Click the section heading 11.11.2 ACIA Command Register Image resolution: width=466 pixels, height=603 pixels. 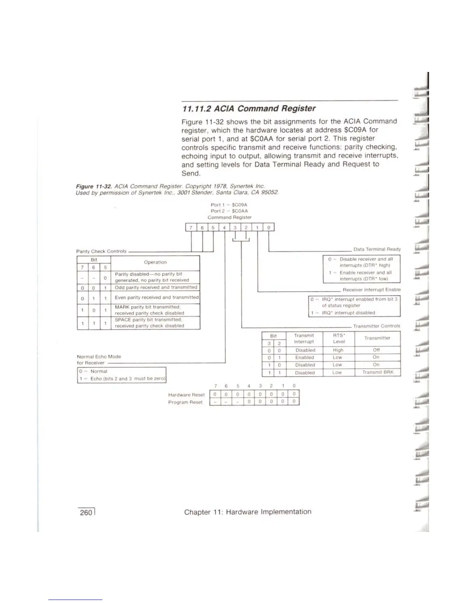[x=249, y=109]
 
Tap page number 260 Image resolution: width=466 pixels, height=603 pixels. [x=86, y=512]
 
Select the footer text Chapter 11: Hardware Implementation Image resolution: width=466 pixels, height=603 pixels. [x=247, y=512]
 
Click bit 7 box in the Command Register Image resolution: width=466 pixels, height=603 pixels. [x=191, y=228]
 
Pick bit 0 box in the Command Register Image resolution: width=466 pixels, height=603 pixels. [x=269, y=228]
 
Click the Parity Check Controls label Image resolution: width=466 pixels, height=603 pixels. [x=101, y=251]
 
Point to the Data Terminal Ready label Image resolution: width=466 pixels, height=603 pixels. [x=377, y=249]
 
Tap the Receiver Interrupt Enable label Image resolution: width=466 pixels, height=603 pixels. [x=372, y=290]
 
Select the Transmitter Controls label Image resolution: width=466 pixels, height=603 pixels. [x=377, y=326]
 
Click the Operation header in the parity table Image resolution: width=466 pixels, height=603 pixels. [x=155, y=262]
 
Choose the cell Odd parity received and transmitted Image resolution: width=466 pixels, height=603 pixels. [x=156, y=287]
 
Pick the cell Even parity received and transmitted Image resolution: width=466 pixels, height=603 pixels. [x=157, y=297]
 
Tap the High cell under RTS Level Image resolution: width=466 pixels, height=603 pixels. [x=338, y=350]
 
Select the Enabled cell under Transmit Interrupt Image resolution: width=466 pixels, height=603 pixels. [x=305, y=357]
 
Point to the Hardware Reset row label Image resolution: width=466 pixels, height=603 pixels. [x=186, y=395]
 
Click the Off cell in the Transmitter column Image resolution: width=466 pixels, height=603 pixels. [x=377, y=350]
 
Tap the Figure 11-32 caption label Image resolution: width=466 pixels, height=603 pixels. [x=89, y=187]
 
